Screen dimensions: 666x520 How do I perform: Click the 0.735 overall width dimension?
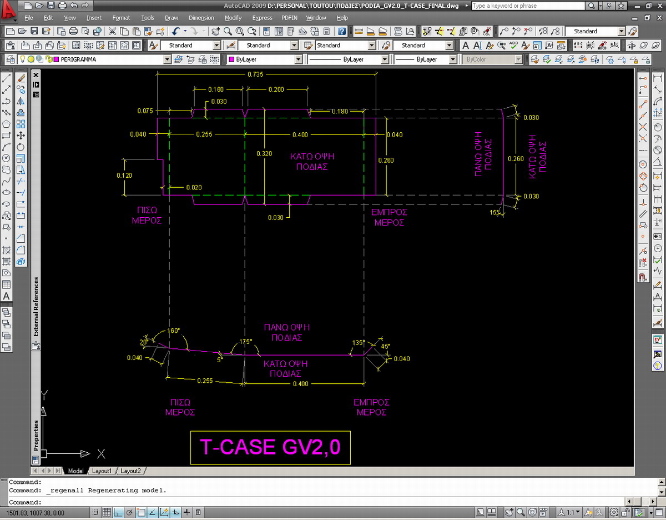click(x=255, y=74)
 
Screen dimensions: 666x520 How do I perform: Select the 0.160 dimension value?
click(x=216, y=89)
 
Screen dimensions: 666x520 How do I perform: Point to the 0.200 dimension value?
click(x=276, y=89)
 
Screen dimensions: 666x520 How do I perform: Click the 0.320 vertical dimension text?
click(x=264, y=153)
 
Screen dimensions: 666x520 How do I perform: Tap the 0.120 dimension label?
click(x=124, y=176)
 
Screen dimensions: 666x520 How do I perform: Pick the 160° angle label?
click(x=174, y=331)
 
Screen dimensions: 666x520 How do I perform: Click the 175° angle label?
click(x=246, y=342)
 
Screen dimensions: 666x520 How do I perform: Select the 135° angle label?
click(x=359, y=343)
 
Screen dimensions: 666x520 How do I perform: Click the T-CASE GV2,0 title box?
click(x=270, y=448)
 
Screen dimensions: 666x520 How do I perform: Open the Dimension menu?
click(x=201, y=18)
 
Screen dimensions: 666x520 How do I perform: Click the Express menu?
click(x=262, y=18)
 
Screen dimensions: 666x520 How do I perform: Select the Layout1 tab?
click(x=102, y=471)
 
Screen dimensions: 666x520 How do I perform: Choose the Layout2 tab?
click(x=130, y=471)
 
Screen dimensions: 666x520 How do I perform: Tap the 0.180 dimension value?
click(x=340, y=111)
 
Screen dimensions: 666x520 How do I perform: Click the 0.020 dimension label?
click(x=194, y=187)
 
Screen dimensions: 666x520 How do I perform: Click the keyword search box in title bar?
click(x=528, y=6)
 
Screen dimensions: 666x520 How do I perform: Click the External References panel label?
click(x=36, y=307)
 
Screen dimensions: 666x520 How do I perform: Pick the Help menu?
click(x=342, y=18)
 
